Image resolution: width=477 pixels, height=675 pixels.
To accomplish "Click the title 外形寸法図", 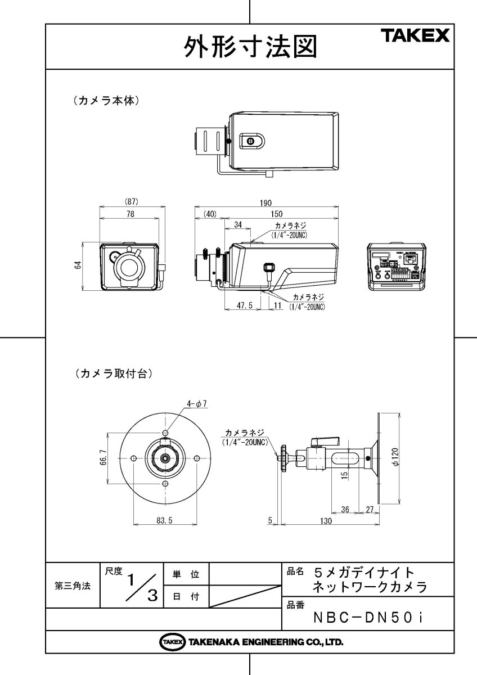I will [249, 47].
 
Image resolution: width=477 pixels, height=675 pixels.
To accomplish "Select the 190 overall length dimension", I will [265, 202].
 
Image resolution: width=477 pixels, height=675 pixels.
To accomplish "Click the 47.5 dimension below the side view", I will [244, 305].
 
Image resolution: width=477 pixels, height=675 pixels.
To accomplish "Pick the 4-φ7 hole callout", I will [197, 403].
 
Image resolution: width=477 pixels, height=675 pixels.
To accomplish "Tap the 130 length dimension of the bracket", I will [325, 521].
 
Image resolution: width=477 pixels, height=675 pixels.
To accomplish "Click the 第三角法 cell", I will [72, 586].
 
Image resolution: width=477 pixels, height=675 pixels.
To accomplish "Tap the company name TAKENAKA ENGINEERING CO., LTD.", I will [250, 642].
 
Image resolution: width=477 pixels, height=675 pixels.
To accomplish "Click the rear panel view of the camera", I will [394, 266].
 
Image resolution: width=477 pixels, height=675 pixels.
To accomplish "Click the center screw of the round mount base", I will [165, 457].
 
